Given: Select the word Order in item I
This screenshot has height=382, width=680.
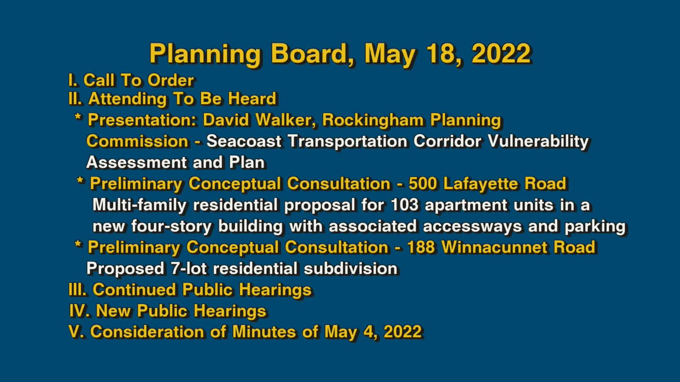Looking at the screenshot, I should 171,81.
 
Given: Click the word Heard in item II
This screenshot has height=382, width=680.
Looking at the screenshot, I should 252,99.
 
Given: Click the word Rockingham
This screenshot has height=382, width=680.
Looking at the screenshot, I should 373,120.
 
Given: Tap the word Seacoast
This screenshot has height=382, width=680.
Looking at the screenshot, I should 244,141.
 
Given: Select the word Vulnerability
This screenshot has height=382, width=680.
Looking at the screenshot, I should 538,141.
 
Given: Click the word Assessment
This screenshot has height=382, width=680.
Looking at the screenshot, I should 136,162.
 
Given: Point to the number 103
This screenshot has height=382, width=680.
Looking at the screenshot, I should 404,205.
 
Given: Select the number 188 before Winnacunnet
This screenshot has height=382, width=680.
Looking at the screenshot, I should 420,247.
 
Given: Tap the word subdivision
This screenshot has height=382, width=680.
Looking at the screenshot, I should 350,268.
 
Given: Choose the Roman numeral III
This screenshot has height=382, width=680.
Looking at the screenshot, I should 77,290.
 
